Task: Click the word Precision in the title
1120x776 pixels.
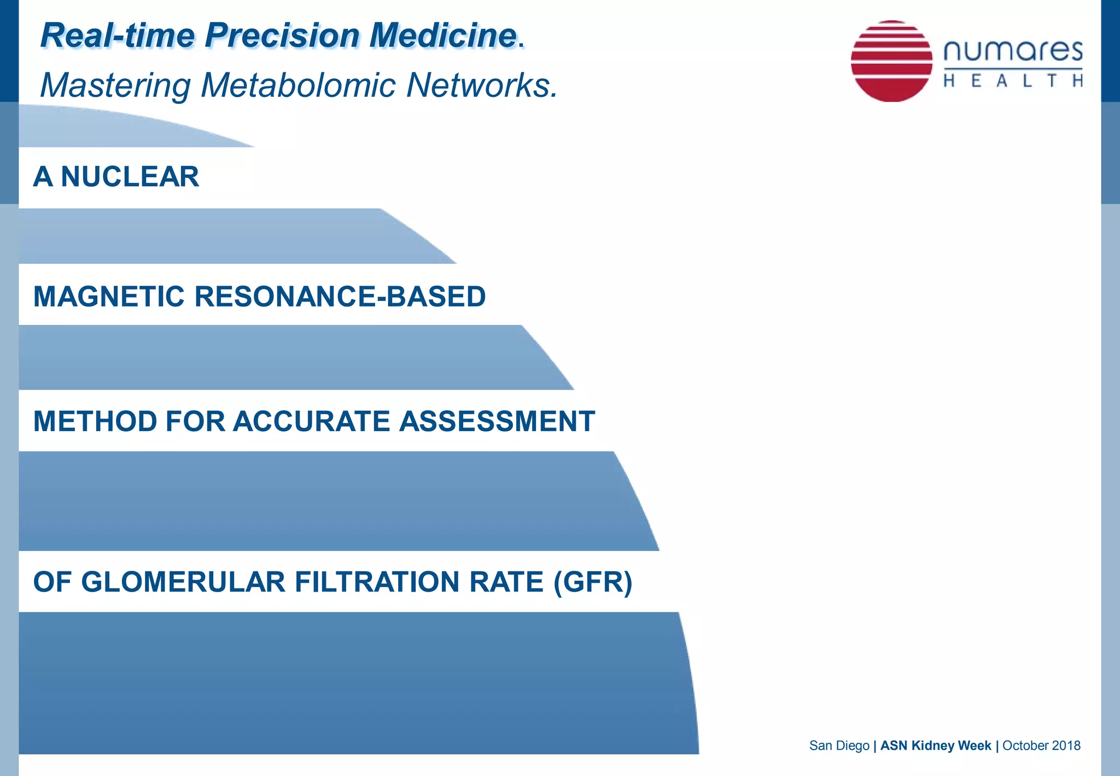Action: coord(282,36)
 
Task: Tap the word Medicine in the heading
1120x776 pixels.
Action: coord(443,36)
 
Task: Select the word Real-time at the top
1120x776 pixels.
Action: coord(118,36)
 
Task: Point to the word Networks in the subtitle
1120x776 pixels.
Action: coord(481,86)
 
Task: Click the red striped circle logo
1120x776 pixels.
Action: coord(891,61)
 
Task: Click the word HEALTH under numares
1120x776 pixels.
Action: coord(1013,81)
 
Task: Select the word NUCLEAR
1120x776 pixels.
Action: coord(130,177)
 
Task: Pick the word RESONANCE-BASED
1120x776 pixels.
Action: coord(340,297)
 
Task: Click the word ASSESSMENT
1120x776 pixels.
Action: coord(497,421)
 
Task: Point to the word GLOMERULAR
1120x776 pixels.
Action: coord(183,582)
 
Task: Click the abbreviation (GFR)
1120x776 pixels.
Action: coord(593,582)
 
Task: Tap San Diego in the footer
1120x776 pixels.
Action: coord(839,745)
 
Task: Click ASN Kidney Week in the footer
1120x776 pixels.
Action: coord(935,745)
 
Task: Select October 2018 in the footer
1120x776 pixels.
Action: coord(1041,745)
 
